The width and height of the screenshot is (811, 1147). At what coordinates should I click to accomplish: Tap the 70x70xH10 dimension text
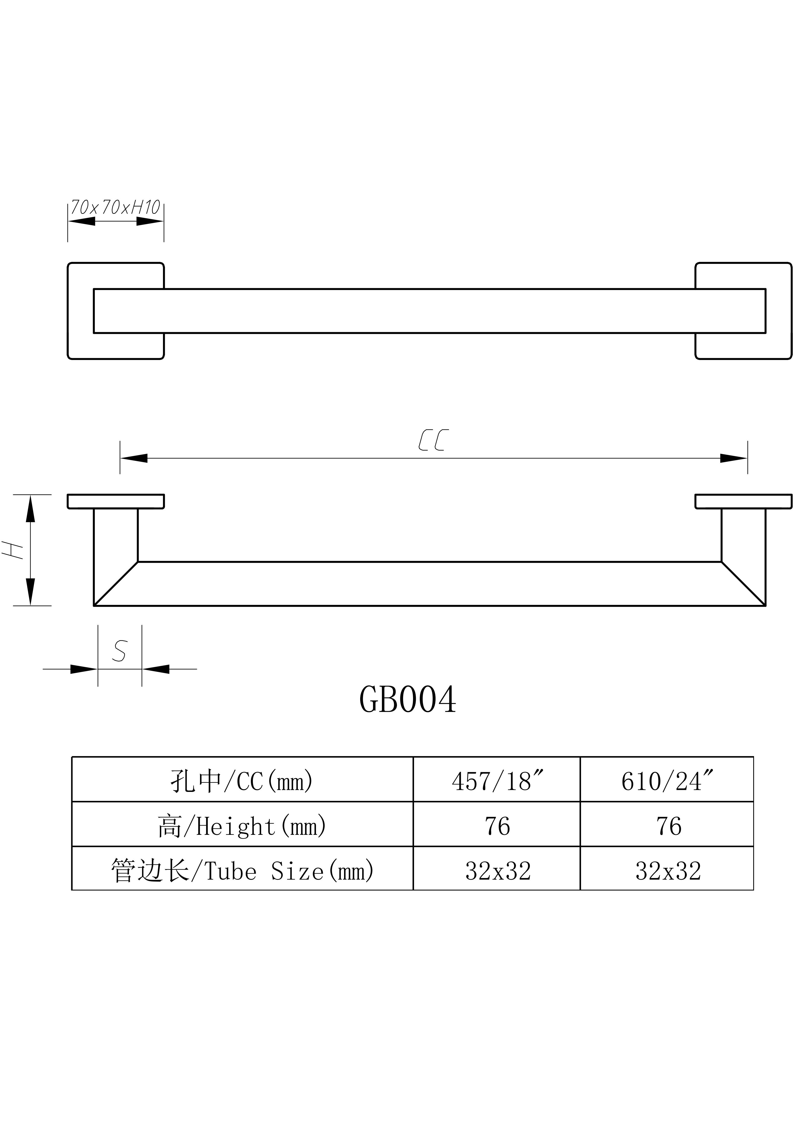(115, 207)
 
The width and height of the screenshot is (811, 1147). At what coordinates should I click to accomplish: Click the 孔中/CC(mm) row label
(242, 781)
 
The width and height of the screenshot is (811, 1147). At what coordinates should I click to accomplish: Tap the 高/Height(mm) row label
(242, 826)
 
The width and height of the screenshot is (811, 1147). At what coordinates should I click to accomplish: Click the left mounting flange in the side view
(116, 501)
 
